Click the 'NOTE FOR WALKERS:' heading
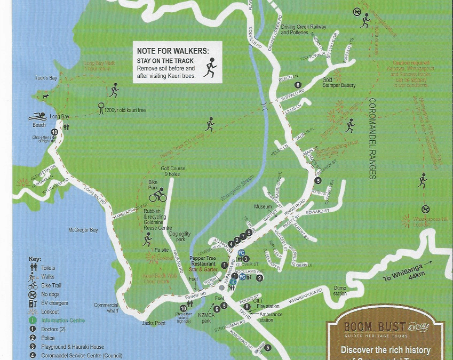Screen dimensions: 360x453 pyautogui.click(x=172, y=51)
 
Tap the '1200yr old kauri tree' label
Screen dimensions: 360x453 pyautogui.click(x=125, y=110)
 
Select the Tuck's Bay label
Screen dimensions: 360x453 pyautogui.click(x=46, y=78)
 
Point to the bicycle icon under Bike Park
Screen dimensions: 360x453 pyautogui.click(x=158, y=196)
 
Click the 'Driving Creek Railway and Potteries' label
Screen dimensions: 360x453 pyautogui.click(x=303, y=29)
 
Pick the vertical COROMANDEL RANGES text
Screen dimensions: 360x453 pyautogui.click(x=372, y=139)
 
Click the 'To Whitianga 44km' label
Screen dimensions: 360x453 pyautogui.click(x=401, y=278)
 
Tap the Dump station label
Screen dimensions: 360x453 pyautogui.click(x=340, y=291)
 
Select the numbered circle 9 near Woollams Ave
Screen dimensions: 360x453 pyautogui.click(x=260, y=278)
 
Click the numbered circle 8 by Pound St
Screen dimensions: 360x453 pyautogui.click(x=247, y=307)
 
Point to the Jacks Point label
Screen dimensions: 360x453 pyautogui.click(x=154, y=323)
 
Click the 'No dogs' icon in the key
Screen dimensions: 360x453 pyautogui.click(x=33, y=294)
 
